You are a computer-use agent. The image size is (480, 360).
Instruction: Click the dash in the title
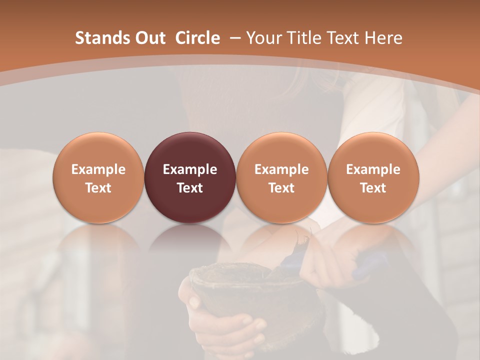pos(233,38)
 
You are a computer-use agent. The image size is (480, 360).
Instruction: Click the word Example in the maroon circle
pos(190,169)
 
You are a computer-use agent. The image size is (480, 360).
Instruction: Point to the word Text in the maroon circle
pos(190,188)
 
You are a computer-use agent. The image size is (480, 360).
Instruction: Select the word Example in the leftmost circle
pos(98,169)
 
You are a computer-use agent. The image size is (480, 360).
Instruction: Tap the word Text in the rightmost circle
pos(373,188)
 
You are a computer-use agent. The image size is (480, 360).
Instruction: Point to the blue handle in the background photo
pos(370,265)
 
